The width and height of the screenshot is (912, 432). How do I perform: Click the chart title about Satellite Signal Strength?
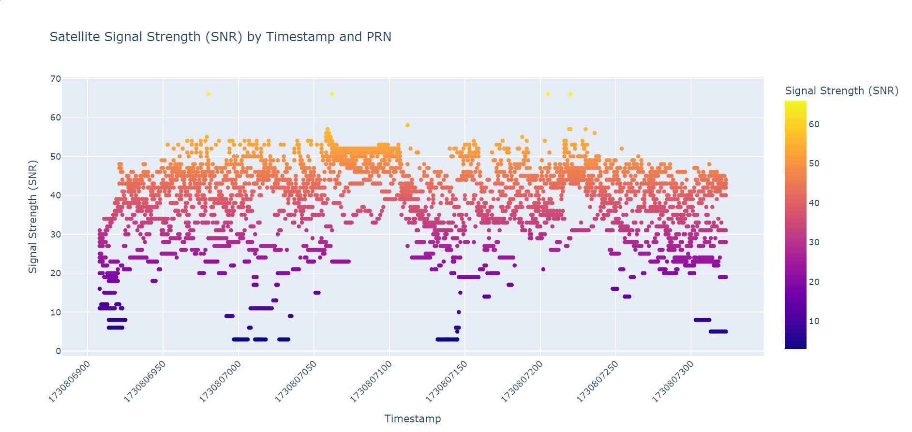pyautogui.click(x=220, y=37)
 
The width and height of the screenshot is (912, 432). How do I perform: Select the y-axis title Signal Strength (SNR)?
pyautogui.click(x=33, y=216)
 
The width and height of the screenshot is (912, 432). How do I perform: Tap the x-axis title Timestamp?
pyautogui.click(x=412, y=418)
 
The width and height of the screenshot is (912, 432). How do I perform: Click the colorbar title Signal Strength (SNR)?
pyautogui.click(x=841, y=90)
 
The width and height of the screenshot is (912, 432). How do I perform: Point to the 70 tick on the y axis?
pyautogui.click(x=56, y=78)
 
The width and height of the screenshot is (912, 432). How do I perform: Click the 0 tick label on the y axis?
pyautogui.click(x=59, y=351)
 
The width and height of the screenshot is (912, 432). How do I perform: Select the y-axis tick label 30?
pyautogui.click(x=56, y=235)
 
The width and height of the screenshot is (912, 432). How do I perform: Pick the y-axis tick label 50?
pyautogui.click(x=56, y=157)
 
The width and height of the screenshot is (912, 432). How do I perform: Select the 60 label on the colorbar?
pyautogui.click(x=814, y=124)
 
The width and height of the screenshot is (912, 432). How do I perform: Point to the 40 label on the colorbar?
pyautogui.click(x=814, y=203)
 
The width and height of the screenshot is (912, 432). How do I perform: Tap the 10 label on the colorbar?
pyautogui.click(x=814, y=321)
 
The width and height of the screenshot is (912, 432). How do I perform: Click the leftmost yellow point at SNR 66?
pyautogui.click(x=208, y=94)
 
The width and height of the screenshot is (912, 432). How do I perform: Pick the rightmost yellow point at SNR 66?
pyautogui.click(x=570, y=94)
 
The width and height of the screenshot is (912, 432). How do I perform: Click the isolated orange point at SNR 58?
pyautogui.click(x=407, y=125)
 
